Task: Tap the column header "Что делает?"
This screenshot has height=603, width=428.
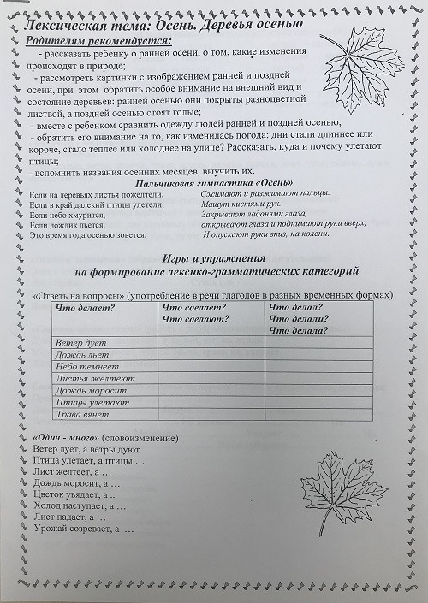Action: [x=86, y=308]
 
